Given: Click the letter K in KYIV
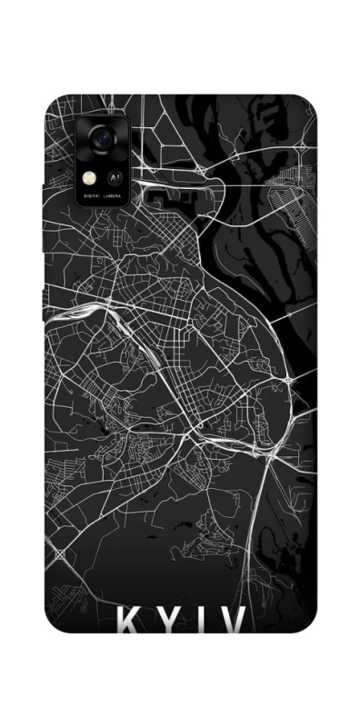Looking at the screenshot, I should coord(129,623).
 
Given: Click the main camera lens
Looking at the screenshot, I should coord(101,137).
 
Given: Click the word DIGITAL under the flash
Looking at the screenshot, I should coord(92,195).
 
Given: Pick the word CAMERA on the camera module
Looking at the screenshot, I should coord(114,195).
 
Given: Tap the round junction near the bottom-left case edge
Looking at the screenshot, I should coord(60,552).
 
